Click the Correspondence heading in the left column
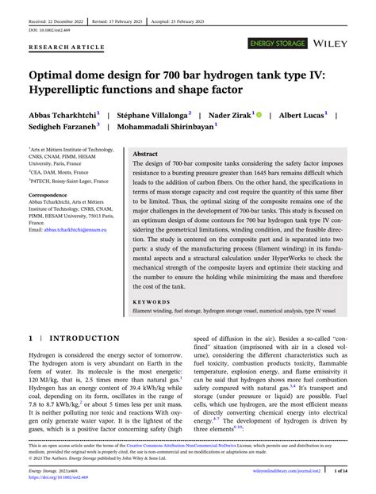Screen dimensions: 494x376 [48, 194]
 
